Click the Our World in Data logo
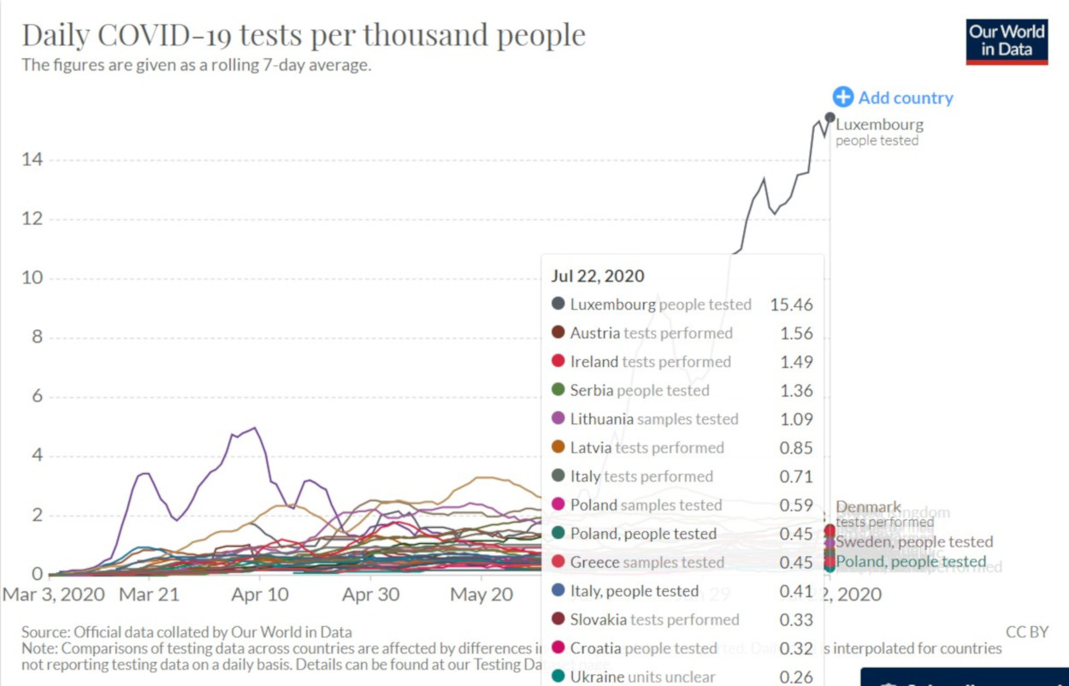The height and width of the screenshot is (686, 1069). [1007, 41]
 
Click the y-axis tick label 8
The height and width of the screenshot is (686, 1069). [37, 337]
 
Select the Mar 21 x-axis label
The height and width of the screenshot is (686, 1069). [149, 594]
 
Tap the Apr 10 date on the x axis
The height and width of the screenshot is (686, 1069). [259, 594]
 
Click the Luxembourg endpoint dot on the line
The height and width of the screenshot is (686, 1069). [830, 117]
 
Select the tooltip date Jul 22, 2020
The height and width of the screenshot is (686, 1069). [598, 276]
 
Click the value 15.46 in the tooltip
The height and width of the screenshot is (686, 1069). [791, 305]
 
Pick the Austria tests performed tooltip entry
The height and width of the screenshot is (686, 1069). [651, 334]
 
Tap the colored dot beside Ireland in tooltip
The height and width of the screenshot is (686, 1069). [558, 362]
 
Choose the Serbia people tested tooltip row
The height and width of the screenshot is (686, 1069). [640, 391]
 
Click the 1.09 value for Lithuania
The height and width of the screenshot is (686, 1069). [796, 419]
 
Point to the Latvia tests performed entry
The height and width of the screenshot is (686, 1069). [647, 448]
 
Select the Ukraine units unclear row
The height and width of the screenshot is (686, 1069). [642, 677]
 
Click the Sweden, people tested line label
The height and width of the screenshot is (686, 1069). [914, 541]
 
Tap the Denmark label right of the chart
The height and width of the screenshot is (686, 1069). [868, 507]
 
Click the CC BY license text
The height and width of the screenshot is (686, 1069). [1026, 632]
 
